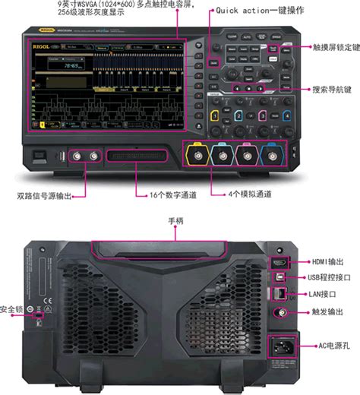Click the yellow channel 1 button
pos(215,115)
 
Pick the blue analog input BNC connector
pos(269,157)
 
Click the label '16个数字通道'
pos(172,195)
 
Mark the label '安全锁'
pos(11,309)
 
